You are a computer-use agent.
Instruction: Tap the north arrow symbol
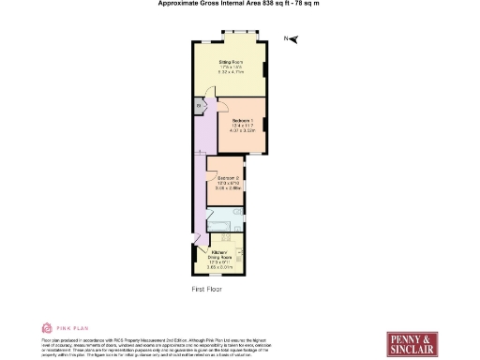point(292,38)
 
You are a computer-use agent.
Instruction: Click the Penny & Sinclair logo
point(412,340)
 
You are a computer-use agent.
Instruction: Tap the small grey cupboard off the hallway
point(200,107)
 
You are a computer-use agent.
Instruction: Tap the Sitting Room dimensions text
point(232,71)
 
